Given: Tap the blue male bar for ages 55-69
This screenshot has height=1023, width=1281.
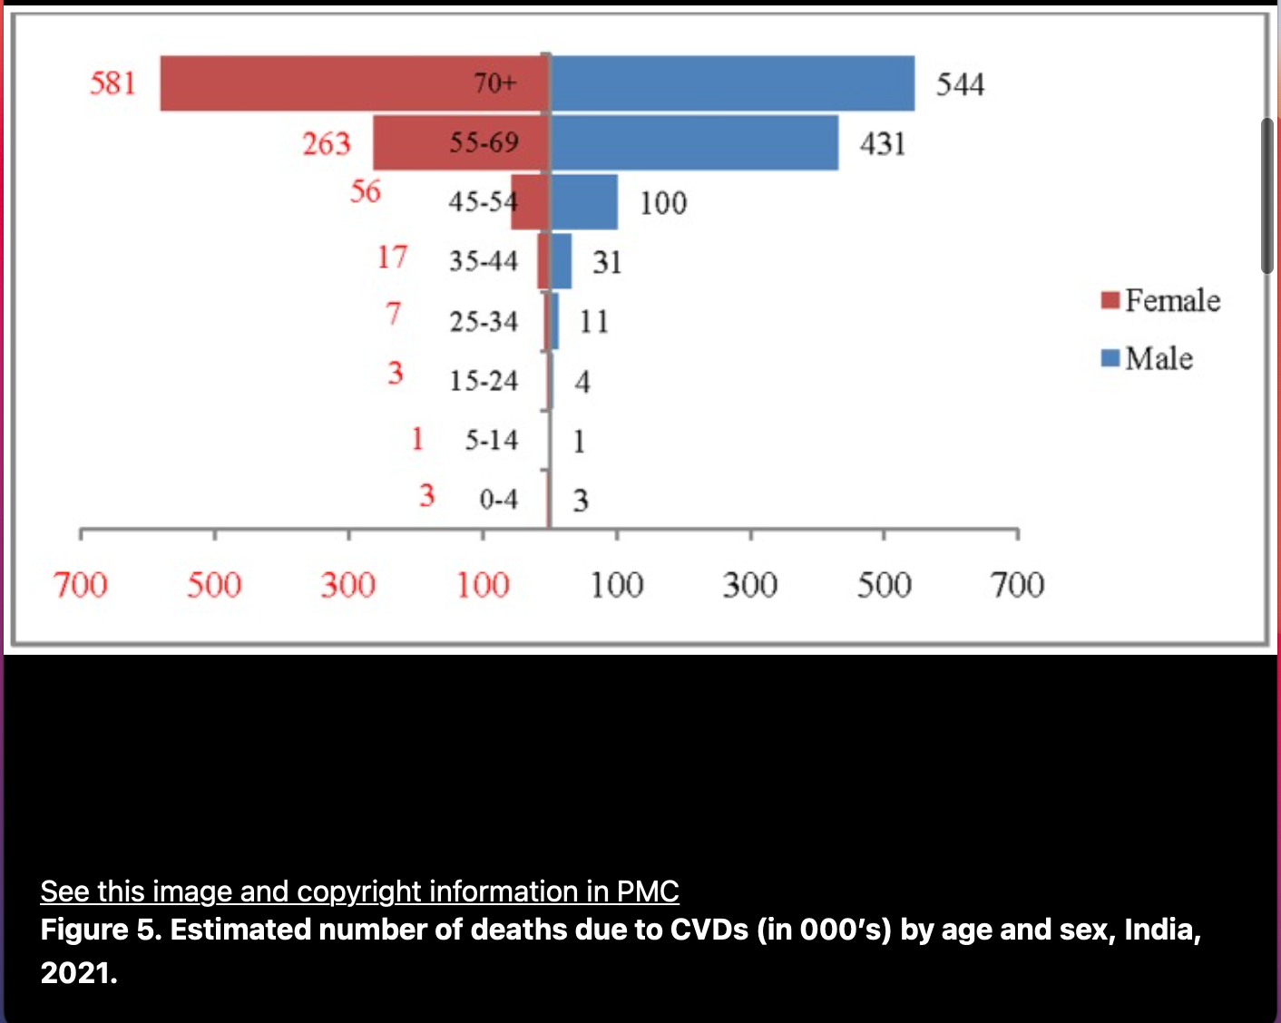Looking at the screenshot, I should click(695, 143).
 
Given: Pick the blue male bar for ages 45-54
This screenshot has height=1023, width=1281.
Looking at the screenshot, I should click(584, 202).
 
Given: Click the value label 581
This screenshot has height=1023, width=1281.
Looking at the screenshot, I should click(112, 83).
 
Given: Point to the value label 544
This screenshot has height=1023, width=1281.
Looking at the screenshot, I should click(960, 84).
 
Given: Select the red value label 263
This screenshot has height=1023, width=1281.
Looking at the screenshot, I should click(327, 143).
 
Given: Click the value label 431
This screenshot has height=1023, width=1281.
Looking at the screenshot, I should click(883, 143).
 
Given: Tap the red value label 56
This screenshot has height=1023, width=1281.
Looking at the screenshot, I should click(366, 191).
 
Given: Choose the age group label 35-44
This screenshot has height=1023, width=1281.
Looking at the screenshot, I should click(484, 261).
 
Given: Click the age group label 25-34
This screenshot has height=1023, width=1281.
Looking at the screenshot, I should click(484, 321).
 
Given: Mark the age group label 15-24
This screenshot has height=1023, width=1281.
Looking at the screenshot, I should click(484, 381).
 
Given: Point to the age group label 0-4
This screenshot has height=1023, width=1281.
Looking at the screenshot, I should click(498, 499).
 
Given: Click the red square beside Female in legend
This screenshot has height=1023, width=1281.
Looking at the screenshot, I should click(1110, 300).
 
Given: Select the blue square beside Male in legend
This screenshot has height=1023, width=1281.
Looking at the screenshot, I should click(1110, 358).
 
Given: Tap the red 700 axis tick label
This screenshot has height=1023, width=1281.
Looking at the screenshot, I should click(80, 585).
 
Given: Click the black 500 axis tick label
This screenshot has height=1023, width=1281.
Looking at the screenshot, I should click(885, 585).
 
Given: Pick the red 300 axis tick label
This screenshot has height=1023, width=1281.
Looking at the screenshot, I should click(348, 585).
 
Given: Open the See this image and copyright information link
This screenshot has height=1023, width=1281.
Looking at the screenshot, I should click(359, 891).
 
